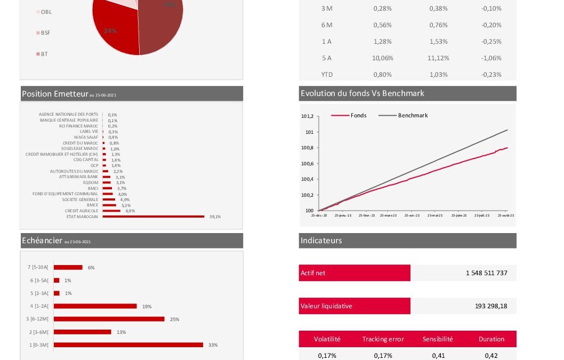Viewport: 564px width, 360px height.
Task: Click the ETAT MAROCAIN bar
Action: click(154, 217)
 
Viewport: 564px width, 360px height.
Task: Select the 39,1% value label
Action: click(215, 217)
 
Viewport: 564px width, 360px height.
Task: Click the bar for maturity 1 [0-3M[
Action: click(128, 345)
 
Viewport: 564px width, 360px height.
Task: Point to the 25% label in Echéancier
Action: click(174, 319)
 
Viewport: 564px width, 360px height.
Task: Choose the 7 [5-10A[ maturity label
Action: click(38, 267)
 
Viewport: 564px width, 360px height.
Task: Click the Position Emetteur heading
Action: click(55, 94)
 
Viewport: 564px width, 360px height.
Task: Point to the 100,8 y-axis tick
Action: click(308, 148)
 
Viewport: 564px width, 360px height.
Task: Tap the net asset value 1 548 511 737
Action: click(486, 273)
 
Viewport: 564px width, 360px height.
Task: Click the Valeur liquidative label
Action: click(326, 306)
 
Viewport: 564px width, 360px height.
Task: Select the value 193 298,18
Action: click(491, 306)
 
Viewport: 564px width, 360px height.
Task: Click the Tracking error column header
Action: click(383, 339)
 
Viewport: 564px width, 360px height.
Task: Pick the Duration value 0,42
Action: click(491, 355)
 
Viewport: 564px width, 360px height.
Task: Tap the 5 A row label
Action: click(326, 58)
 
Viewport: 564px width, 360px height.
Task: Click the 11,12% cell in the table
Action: click(438, 58)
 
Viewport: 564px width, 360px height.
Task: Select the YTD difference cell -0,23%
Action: click(491, 75)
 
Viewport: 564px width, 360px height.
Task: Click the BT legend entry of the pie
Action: click(44, 54)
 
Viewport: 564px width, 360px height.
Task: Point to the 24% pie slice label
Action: click(110, 31)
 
